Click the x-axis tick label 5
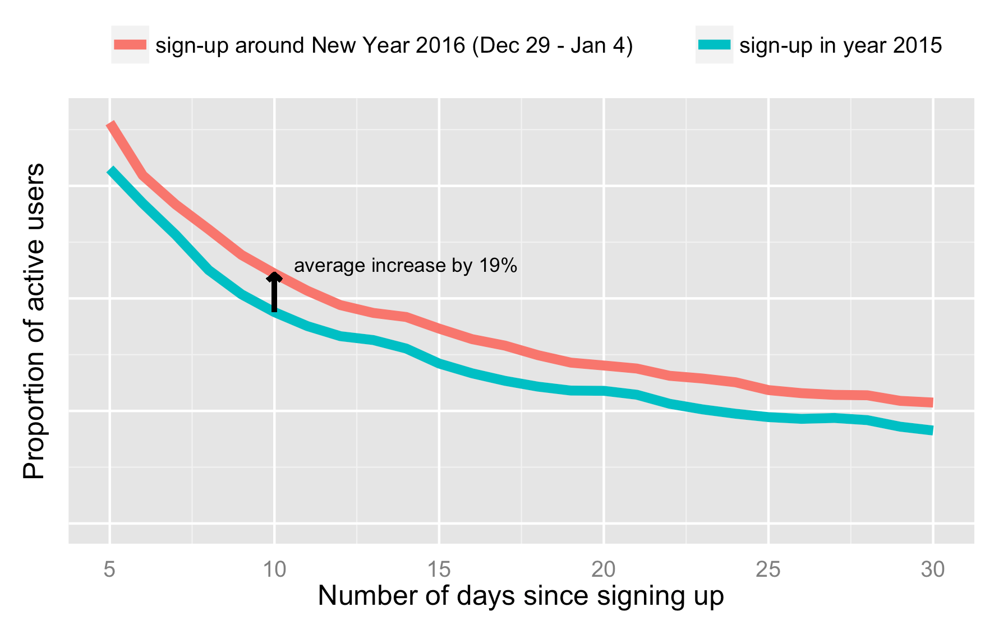109,570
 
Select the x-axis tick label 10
274,570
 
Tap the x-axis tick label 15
439,570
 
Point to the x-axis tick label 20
604,570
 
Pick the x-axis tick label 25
768,570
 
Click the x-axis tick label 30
933,570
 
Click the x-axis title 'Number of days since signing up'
521,596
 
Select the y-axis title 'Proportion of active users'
34,321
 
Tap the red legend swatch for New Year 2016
130,45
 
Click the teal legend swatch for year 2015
714,45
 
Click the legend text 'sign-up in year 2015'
840,45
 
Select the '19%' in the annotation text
498,266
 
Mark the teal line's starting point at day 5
111,169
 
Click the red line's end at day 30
932,402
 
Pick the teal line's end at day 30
932,430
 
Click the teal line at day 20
604,391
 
